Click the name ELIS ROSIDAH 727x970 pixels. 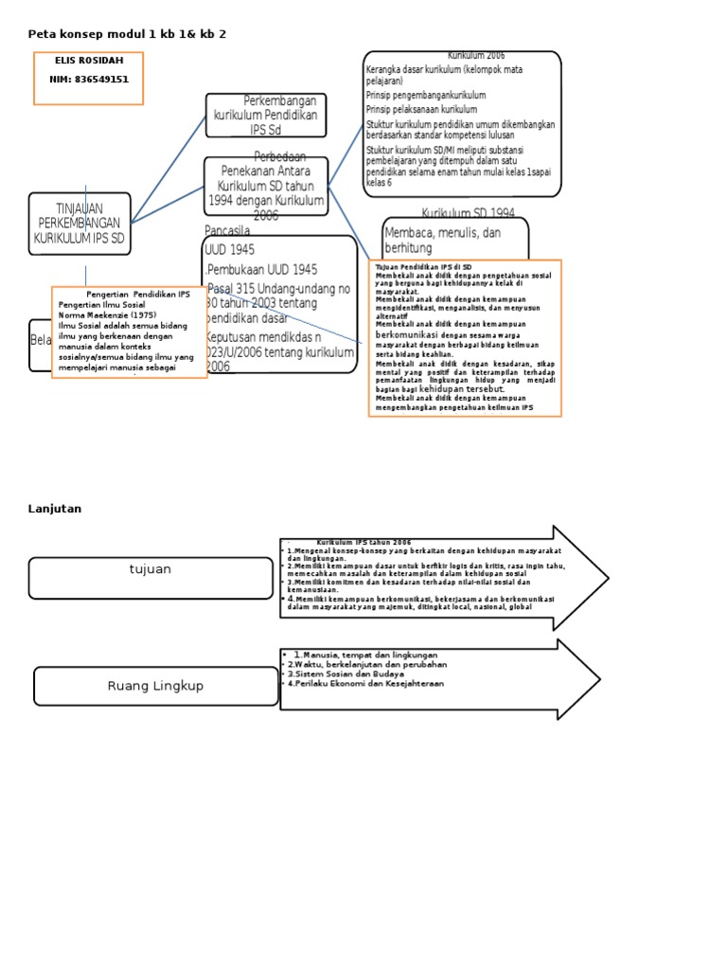pos(89,61)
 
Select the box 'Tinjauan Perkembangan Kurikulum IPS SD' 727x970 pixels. pos(80,224)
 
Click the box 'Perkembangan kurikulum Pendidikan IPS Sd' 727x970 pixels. pos(266,115)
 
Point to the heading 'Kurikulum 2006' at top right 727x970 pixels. pos(483,56)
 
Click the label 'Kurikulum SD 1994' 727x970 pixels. pos(468,213)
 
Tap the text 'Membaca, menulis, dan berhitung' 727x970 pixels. pos(442,240)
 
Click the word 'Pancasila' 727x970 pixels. pos(227,230)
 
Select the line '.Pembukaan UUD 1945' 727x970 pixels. pos(262,269)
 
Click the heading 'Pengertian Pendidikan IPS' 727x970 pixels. pos(138,295)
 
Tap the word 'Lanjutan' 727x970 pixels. pos(55,509)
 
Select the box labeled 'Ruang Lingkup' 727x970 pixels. pos(155,686)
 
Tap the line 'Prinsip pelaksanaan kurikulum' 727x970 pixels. pos(421,110)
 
